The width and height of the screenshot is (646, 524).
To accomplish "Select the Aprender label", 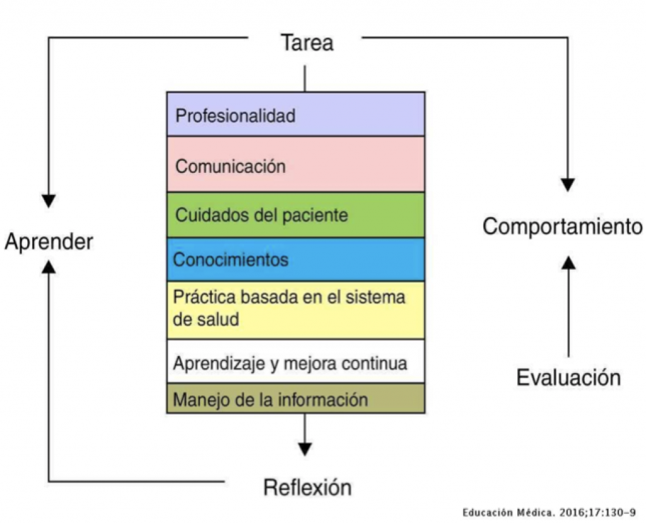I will [49, 242].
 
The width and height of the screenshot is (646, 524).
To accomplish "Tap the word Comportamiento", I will [563, 227].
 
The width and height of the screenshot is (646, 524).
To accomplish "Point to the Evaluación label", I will [568, 378].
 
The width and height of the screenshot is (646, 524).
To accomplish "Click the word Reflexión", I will [307, 488].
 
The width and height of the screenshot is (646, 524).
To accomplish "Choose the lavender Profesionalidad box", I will [295, 114].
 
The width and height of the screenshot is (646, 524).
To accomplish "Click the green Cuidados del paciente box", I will [295, 215].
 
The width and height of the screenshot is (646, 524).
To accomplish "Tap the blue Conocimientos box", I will [295, 259].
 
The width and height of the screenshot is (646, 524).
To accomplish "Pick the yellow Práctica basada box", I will [295, 309].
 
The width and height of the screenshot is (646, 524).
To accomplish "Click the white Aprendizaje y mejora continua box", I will [295, 362].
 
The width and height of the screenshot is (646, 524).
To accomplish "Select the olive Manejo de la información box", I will [295, 398].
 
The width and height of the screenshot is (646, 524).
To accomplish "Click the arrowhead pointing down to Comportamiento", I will [568, 184].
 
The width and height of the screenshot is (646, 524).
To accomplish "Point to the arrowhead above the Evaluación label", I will [568, 262].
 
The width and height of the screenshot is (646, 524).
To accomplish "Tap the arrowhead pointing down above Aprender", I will [49, 201].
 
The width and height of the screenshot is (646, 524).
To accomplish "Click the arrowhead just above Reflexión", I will [305, 449].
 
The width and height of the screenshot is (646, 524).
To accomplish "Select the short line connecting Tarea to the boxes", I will [305, 78].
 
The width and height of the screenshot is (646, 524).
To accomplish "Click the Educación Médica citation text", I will [548, 512].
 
